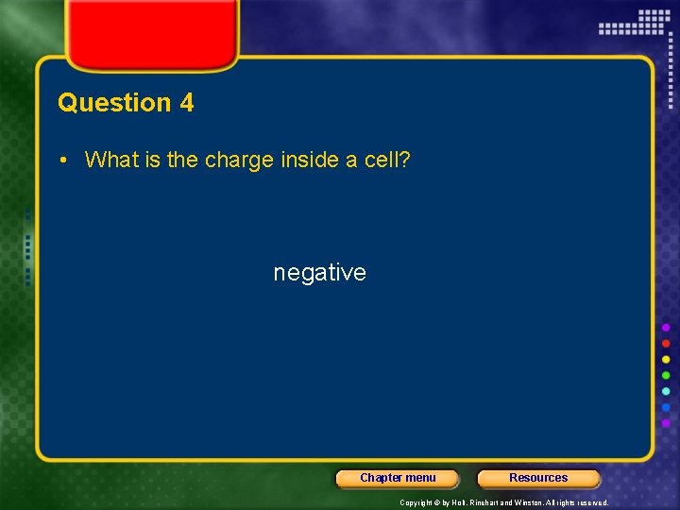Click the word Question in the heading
tap(113, 103)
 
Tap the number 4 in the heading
tap(186, 103)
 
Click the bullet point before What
tap(62, 160)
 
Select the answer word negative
tap(319, 273)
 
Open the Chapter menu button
tap(398, 478)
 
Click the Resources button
tap(538, 478)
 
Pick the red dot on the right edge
tap(666, 343)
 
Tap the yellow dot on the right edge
tap(666, 359)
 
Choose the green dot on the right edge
tap(666, 375)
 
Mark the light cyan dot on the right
tap(666, 391)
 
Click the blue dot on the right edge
tap(666, 408)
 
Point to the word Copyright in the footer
tap(416, 502)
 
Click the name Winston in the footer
tap(530, 502)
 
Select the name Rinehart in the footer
tap(486, 502)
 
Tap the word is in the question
tap(153, 160)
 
